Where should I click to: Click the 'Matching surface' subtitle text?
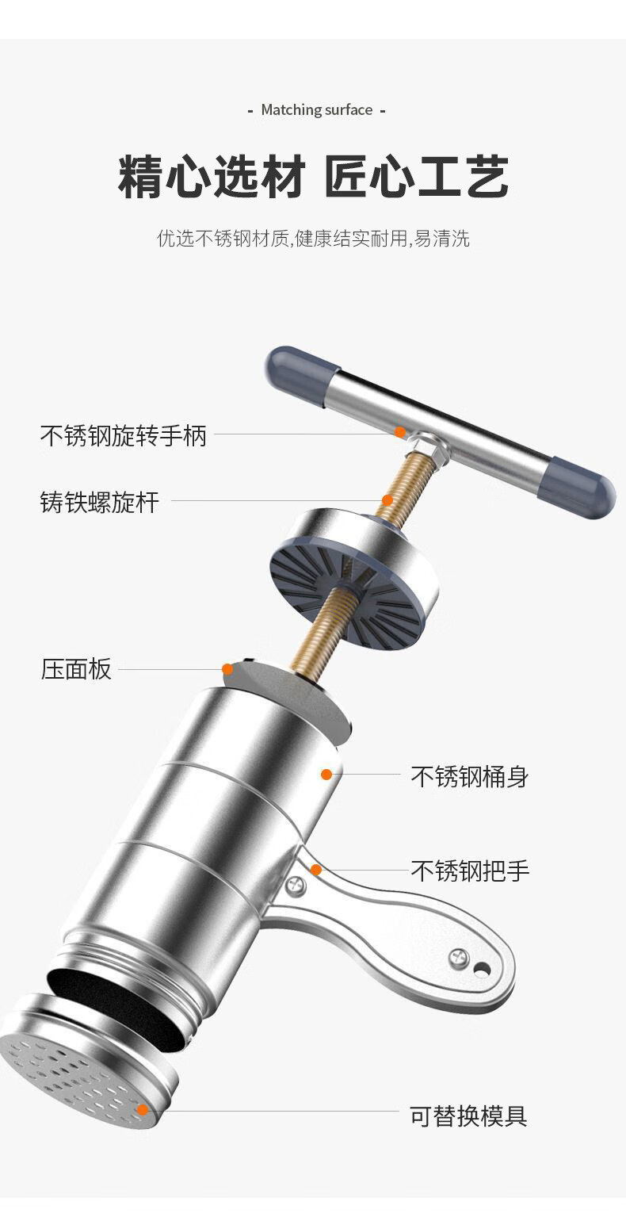(316, 110)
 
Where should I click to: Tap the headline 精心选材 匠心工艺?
(313, 177)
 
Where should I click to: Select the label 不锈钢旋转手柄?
(124, 435)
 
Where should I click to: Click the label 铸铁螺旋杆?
(100, 502)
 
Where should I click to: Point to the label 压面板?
(76, 669)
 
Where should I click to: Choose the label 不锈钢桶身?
(469, 776)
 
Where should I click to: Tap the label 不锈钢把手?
(469, 871)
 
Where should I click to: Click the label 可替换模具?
(468, 1116)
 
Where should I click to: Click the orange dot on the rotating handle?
(400, 432)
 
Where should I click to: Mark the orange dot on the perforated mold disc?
(143, 1109)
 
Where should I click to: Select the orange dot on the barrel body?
(326, 774)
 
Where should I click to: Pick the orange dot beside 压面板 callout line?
(227, 669)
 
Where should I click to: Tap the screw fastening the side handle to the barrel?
(296, 885)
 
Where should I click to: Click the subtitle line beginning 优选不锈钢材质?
(313, 239)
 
